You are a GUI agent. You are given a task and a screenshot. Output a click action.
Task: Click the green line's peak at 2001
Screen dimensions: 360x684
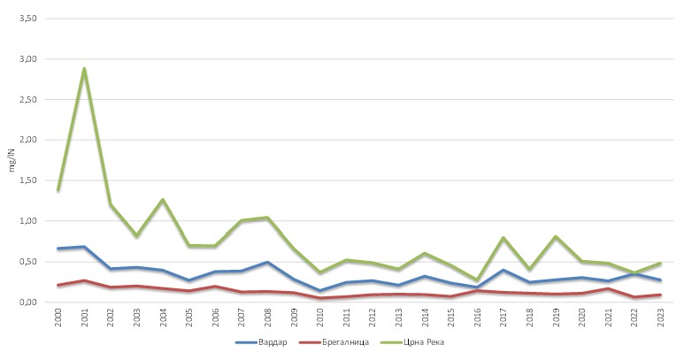[84, 68]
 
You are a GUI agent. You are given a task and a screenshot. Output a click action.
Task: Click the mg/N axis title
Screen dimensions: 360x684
[12, 161]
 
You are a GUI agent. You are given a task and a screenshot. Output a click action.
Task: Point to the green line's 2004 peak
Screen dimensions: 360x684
[163, 199]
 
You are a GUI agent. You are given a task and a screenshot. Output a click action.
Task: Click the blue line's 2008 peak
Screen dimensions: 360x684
[267, 262]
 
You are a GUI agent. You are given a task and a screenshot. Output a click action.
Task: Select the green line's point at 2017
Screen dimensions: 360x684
[503, 238]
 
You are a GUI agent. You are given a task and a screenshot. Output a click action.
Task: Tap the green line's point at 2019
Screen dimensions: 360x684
[556, 236]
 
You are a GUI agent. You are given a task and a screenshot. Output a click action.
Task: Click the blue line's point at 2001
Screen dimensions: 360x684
[84, 247]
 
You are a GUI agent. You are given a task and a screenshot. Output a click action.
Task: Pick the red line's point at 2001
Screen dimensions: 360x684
[84, 280]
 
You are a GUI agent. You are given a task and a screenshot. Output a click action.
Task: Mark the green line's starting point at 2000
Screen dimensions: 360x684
[58, 190]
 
